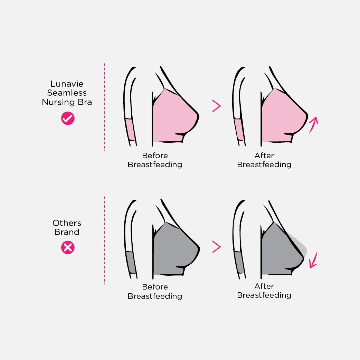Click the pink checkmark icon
coord(68,119)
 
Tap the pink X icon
coord(68,247)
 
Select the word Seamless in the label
coord(67,93)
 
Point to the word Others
coord(67,223)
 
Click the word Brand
coord(67,232)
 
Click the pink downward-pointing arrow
coord(314,260)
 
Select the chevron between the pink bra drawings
coord(216,106)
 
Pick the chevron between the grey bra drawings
coord(216,247)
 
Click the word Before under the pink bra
coord(155,155)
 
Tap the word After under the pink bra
coord(264,155)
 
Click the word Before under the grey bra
coord(155,287)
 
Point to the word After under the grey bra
coord(264,286)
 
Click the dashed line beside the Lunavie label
coord(104,107)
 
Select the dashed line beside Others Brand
coord(104,240)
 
